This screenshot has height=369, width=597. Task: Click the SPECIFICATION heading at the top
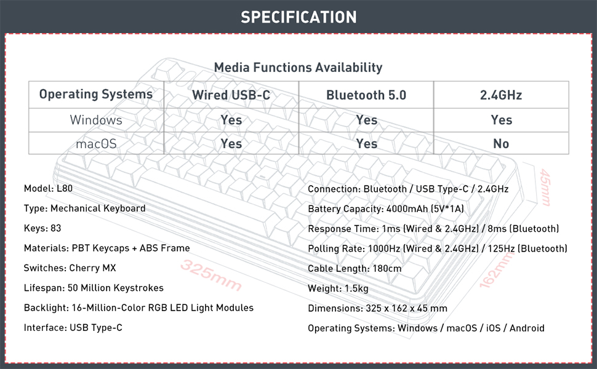pos(298,17)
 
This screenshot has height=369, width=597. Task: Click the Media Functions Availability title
pos(298,68)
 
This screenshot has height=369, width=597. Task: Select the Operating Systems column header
pos(96,95)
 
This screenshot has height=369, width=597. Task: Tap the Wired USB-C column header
pos(231,95)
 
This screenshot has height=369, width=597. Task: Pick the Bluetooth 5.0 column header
pos(366,95)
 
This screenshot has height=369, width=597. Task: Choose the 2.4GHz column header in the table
pos(501,95)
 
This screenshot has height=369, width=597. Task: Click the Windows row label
pos(96,120)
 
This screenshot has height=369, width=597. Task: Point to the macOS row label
pos(96,143)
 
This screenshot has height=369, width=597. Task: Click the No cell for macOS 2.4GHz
pos(501,143)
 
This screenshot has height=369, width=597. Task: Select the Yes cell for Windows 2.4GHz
pos(501,120)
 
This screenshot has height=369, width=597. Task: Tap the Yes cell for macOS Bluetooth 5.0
pos(366,143)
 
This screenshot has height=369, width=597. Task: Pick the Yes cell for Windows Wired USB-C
pos(231,120)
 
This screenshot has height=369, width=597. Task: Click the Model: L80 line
pos(48,188)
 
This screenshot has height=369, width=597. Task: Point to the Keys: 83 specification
pos(42,228)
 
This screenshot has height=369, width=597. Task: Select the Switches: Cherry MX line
pos(70,268)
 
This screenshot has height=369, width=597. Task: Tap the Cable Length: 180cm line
pos(355,268)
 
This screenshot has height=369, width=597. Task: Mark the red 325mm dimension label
pos(211,276)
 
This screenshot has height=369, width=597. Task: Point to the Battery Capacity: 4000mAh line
pos(385,209)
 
